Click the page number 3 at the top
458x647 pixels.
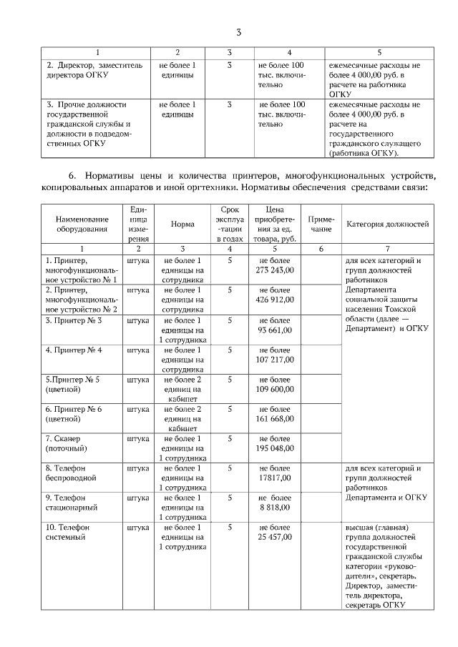240,32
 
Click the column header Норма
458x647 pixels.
182,224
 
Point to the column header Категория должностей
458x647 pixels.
387,224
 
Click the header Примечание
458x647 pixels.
321,224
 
